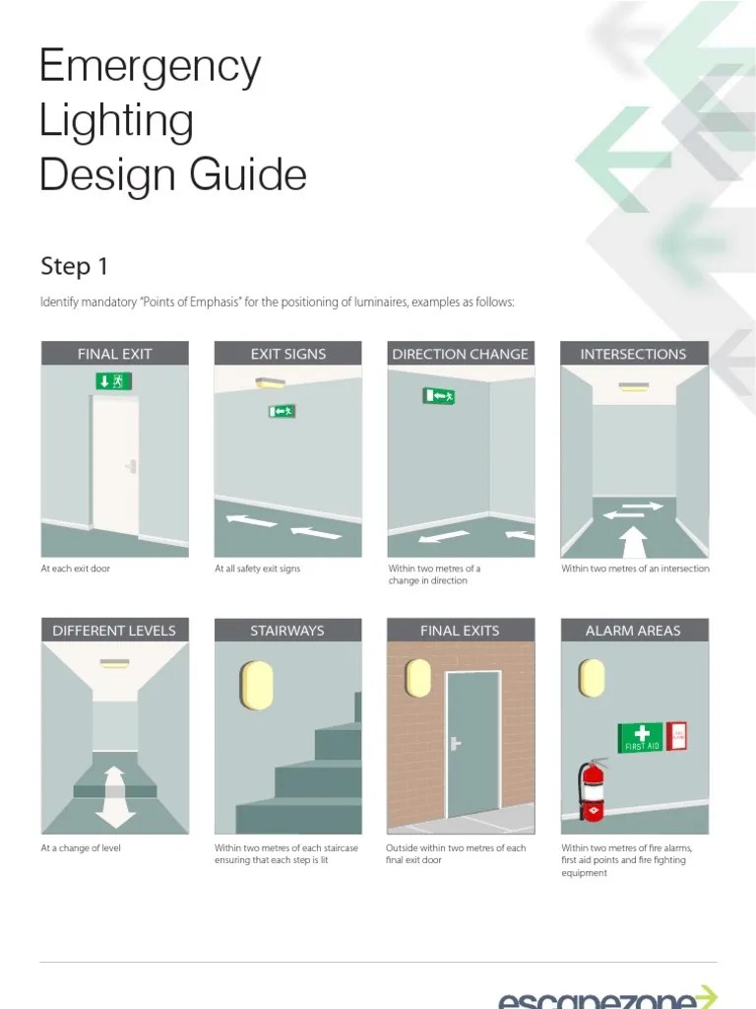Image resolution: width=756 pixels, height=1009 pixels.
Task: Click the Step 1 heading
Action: click(73, 266)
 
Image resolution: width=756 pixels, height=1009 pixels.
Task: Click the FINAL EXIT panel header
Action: click(114, 354)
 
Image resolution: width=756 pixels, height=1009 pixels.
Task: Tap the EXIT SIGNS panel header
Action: click(287, 354)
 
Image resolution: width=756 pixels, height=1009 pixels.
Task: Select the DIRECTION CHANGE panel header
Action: click(460, 354)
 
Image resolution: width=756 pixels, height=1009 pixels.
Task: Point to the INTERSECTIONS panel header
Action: click(633, 354)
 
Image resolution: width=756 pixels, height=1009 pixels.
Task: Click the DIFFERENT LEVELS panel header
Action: click(114, 631)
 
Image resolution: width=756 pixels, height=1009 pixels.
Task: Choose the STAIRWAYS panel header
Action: click(287, 631)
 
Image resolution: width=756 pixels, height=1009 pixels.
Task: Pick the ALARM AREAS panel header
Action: click(633, 631)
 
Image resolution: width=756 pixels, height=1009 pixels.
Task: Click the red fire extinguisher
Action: click(593, 788)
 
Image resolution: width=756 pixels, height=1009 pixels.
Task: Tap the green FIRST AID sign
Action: click(641, 738)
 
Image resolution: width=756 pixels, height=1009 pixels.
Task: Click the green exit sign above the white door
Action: click(114, 381)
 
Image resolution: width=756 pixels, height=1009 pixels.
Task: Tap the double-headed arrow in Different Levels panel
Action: click(114, 796)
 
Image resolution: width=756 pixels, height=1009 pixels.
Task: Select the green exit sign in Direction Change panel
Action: click(439, 396)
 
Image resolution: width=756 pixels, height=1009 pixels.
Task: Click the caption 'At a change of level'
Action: click(81, 847)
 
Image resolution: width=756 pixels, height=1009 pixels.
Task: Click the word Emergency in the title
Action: click(150, 68)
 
